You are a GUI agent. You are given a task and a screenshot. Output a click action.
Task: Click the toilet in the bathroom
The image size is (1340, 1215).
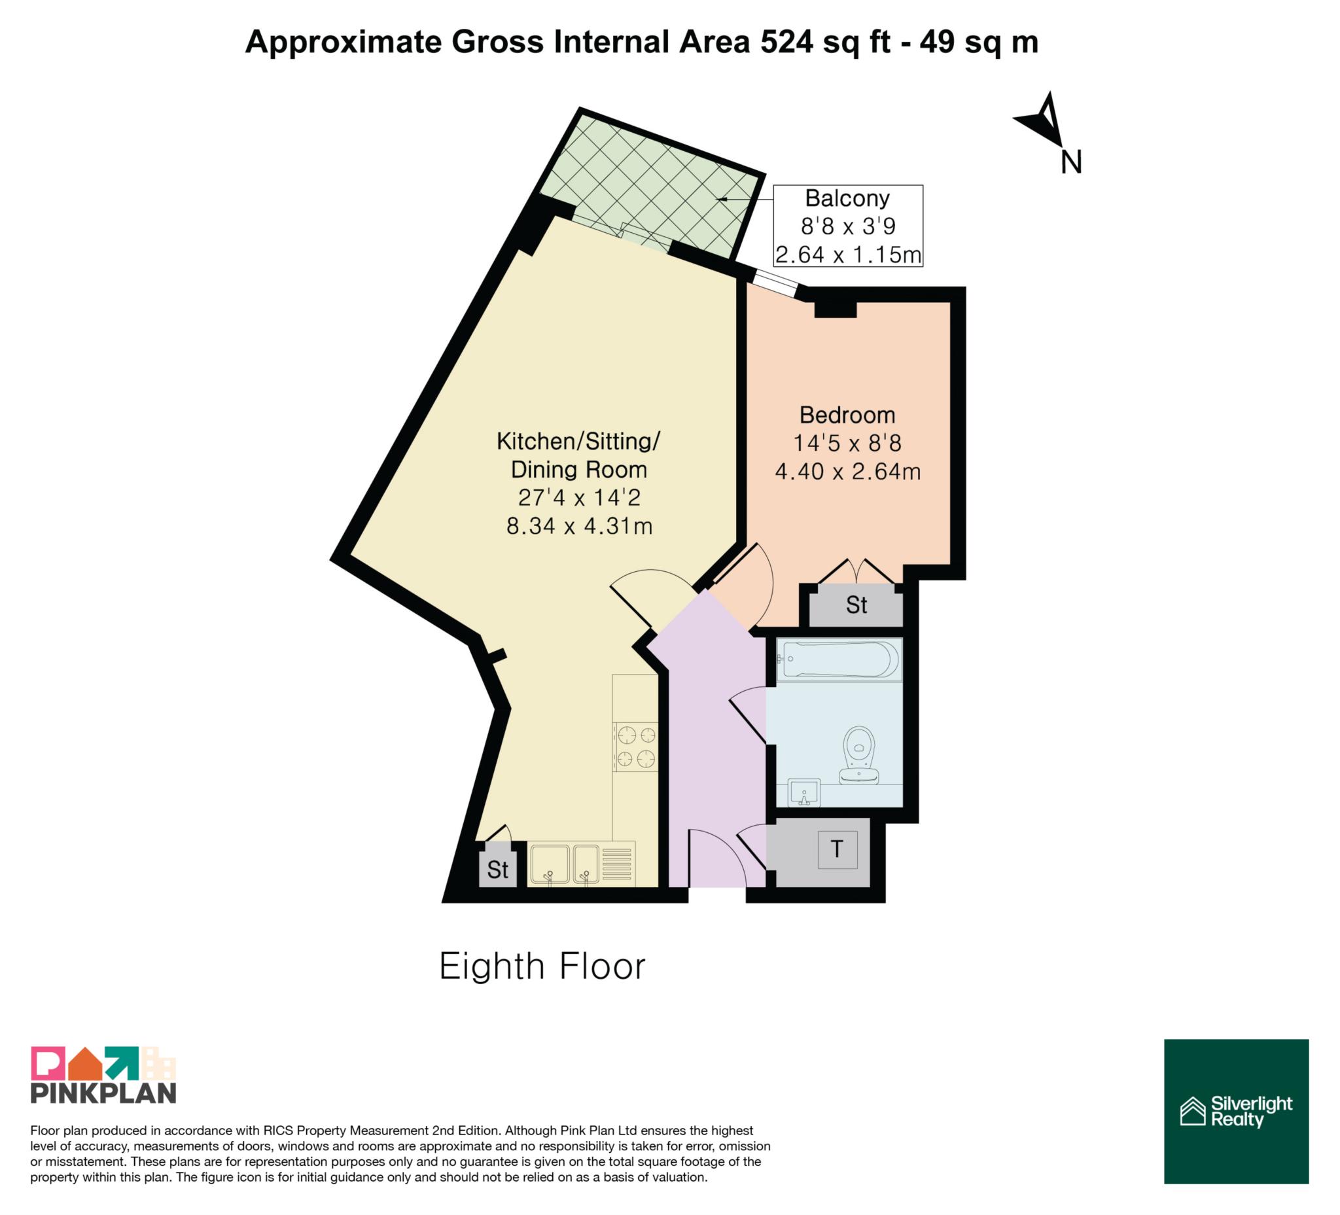pyautogui.click(x=860, y=756)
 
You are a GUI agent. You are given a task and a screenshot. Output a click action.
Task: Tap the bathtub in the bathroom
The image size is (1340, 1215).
pyautogui.click(x=839, y=660)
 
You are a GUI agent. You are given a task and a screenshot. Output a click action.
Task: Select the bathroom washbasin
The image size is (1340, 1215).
pyautogui.click(x=804, y=792)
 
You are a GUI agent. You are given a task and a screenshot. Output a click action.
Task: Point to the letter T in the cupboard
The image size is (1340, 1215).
pyautogui.click(x=837, y=849)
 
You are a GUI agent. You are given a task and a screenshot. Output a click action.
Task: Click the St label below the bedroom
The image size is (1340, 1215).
pyautogui.click(x=856, y=605)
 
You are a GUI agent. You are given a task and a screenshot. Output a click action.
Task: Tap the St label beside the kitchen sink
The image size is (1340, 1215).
pyautogui.click(x=498, y=870)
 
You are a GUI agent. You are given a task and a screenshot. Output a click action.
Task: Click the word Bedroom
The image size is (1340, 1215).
pyautogui.click(x=847, y=415)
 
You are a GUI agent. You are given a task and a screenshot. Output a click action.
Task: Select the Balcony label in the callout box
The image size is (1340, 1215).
pyautogui.click(x=847, y=198)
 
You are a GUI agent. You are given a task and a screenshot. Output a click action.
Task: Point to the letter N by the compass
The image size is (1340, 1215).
pyautogui.click(x=1072, y=162)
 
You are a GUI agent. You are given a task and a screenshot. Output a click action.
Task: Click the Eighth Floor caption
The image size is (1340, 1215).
pyautogui.click(x=542, y=966)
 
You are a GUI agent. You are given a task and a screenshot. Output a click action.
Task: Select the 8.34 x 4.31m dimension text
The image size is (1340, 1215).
pyautogui.click(x=579, y=527)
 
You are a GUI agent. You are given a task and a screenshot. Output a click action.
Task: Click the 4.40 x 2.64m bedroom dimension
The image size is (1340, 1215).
pyautogui.click(x=847, y=471)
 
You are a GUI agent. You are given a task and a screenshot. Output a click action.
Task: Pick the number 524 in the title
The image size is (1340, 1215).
pyautogui.click(x=787, y=43)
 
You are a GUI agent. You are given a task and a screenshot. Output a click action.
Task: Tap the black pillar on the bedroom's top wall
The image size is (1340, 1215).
pyautogui.click(x=836, y=309)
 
